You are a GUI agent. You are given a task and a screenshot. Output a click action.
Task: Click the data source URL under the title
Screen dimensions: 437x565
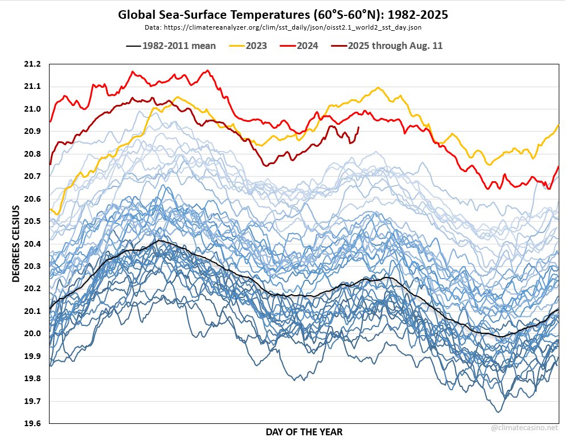tap(282, 27)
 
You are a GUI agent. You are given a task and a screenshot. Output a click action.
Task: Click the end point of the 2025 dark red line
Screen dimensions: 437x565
tap(358, 127)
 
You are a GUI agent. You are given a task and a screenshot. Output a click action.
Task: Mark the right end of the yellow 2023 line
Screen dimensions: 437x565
tap(558, 124)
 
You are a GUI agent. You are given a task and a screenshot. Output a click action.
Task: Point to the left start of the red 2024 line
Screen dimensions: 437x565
tap(50, 121)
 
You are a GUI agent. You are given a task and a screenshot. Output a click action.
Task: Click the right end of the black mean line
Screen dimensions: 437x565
tap(558, 309)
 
